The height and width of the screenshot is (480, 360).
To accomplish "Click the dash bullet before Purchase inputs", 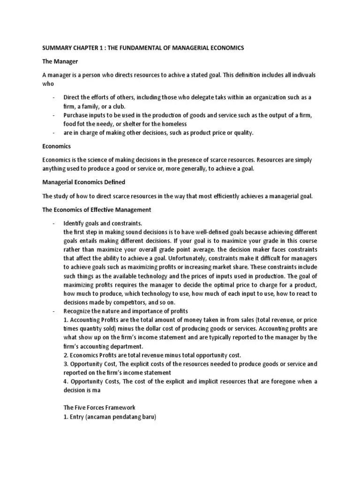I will pos(54,115).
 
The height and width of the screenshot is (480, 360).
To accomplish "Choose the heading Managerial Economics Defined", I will pos(85,182).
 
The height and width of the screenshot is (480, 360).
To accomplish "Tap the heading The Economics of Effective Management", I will pos(96,210).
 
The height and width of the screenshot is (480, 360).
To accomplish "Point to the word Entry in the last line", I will pos(78,416).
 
